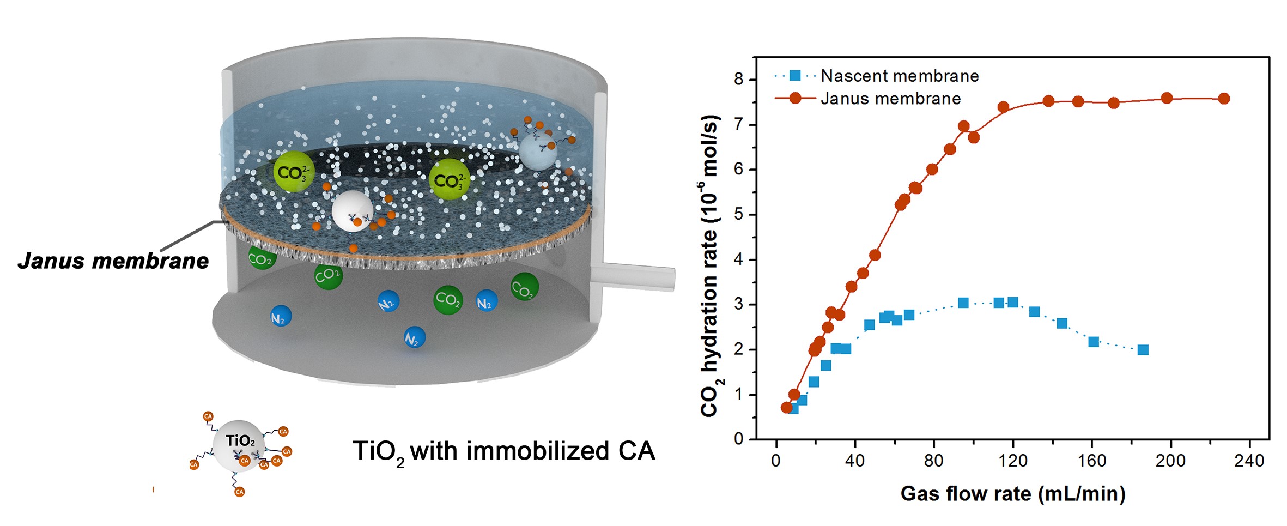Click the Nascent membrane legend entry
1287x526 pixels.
[899, 76]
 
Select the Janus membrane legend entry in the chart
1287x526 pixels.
[890, 99]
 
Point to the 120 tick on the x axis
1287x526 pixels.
[1012, 461]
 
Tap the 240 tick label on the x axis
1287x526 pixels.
[1249, 461]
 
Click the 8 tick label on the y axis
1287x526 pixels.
[738, 80]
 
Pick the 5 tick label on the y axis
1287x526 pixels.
[738, 214]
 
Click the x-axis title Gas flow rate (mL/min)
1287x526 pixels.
[1012, 494]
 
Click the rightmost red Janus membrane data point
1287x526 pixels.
[1224, 99]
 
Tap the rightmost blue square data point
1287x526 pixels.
[1143, 350]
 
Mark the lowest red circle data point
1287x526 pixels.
[786, 407]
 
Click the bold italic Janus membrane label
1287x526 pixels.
[113, 261]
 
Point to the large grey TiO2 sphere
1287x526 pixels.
[239, 445]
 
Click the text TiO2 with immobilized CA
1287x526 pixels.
[503, 452]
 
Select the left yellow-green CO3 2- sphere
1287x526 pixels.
[294, 172]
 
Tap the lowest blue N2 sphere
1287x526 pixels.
[414, 338]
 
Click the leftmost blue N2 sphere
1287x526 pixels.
[281, 316]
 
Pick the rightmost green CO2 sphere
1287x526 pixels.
[524, 287]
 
